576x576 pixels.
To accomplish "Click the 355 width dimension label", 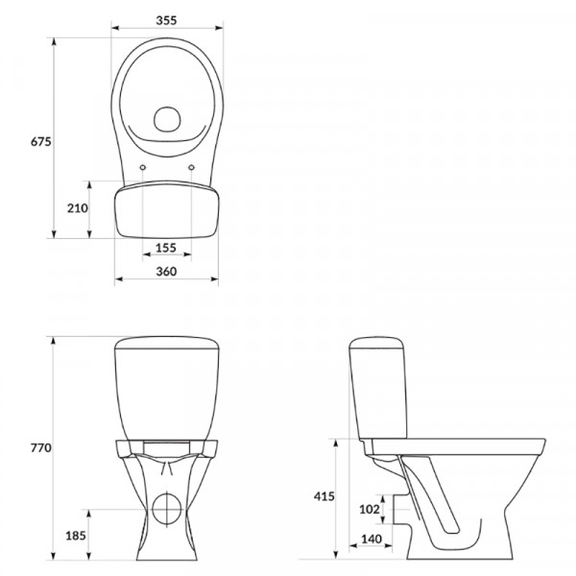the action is pyautogui.click(x=166, y=20).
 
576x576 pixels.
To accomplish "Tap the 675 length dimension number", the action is pyautogui.click(x=40, y=141).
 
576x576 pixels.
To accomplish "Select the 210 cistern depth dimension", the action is pyautogui.click(x=78, y=208).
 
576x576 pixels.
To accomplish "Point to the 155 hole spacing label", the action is pyautogui.click(x=166, y=248).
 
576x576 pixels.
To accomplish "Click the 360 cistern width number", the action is pyautogui.click(x=166, y=272).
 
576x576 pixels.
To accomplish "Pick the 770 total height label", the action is pyautogui.click(x=40, y=448).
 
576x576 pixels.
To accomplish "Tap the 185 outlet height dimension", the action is pyautogui.click(x=76, y=536).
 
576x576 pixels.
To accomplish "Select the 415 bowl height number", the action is pyautogui.click(x=324, y=496).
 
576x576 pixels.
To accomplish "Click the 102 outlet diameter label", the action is pyautogui.click(x=370, y=509).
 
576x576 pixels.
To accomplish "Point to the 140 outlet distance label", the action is pyautogui.click(x=372, y=540).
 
